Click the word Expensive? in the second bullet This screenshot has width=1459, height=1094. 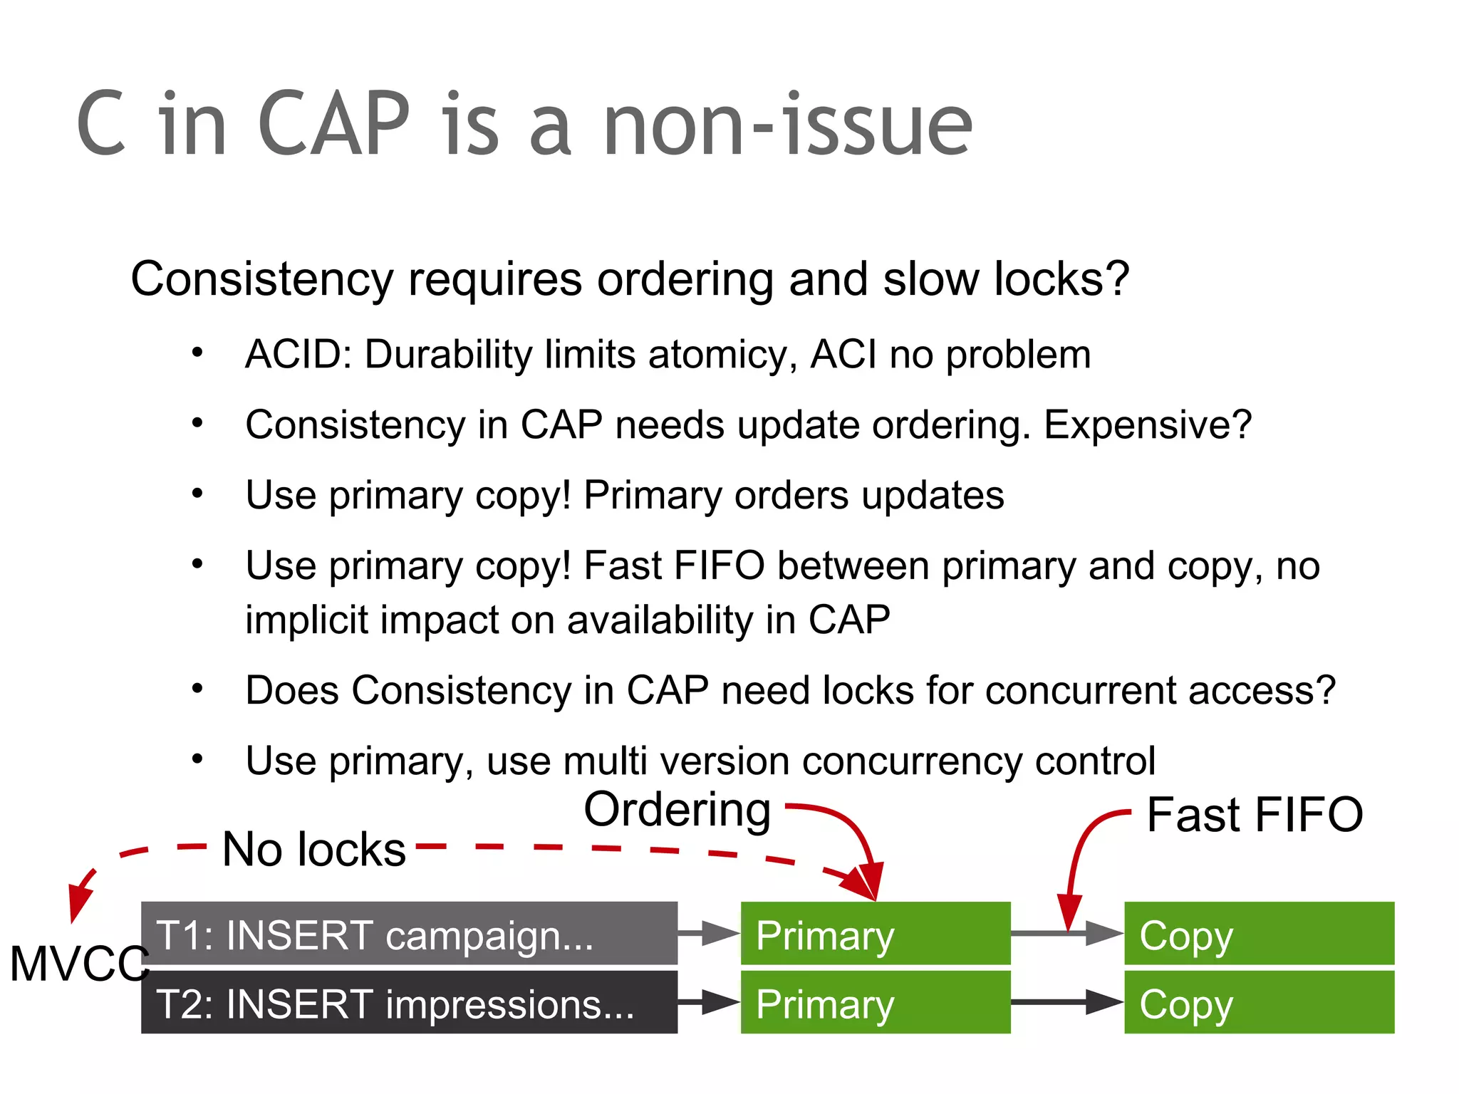point(1147,424)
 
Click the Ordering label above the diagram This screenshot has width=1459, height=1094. point(677,811)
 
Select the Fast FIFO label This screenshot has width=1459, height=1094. point(1254,815)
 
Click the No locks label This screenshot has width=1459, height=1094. point(313,850)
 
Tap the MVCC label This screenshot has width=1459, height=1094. point(78,964)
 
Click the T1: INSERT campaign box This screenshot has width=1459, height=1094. point(409,934)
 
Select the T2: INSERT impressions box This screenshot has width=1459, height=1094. point(409,1003)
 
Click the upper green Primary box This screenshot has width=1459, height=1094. point(875,934)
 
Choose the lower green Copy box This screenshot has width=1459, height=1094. point(1259,1003)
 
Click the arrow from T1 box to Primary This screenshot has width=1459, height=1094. point(709,932)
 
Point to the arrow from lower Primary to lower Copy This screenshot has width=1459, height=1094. point(1066,1002)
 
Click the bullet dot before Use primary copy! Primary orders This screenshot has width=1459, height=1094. point(197,493)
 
